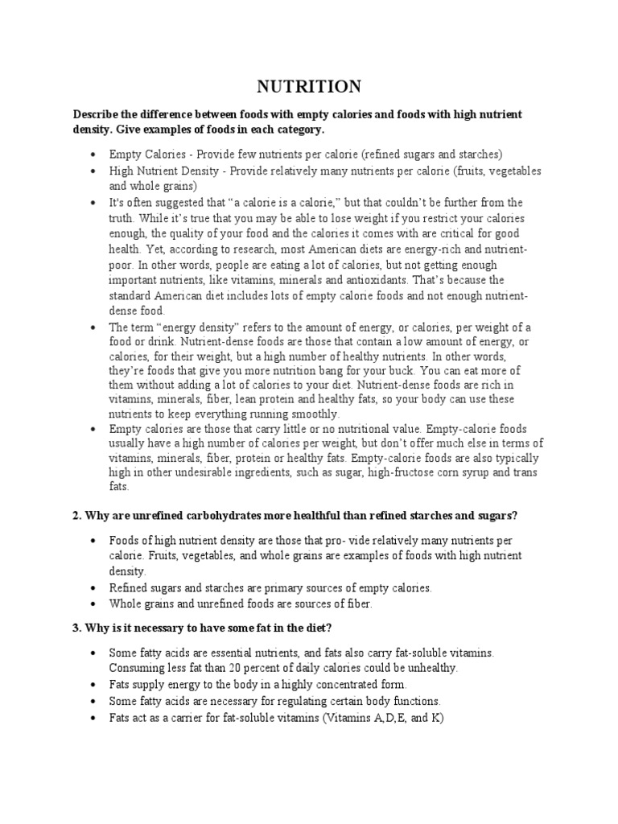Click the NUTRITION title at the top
pyautogui.click(x=309, y=86)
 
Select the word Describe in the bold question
pyautogui.click(x=96, y=115)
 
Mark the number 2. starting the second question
pyautogui.click(x=78, y=514)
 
